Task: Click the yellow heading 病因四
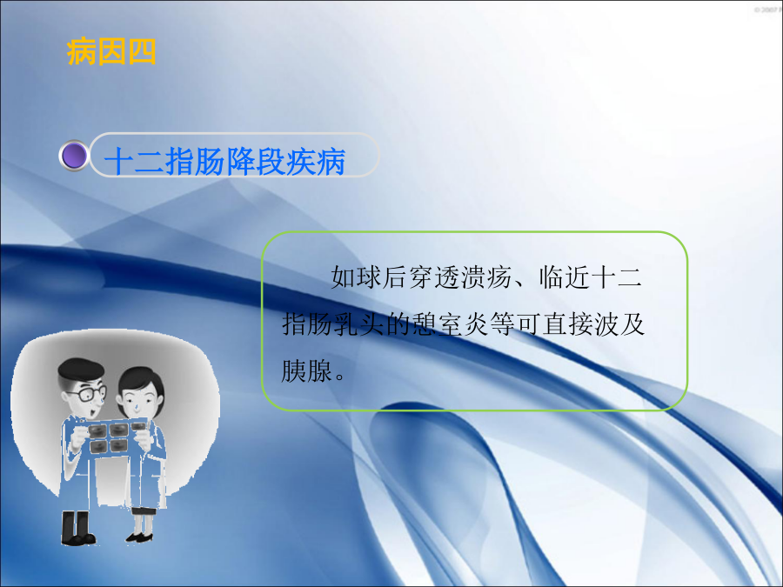(110, 51)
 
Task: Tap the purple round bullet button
(74, 156)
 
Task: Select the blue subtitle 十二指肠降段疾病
(224, 161)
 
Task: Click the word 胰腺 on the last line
(306, 370)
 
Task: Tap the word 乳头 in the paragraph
(359, 324)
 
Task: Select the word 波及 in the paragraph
(619, 324)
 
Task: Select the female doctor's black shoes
(139, 537)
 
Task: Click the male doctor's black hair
(80, 369)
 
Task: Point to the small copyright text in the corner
(768, 10)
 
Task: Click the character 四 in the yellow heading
(143, 51)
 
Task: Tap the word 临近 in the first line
(565, 277)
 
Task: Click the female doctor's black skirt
(143, 510)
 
